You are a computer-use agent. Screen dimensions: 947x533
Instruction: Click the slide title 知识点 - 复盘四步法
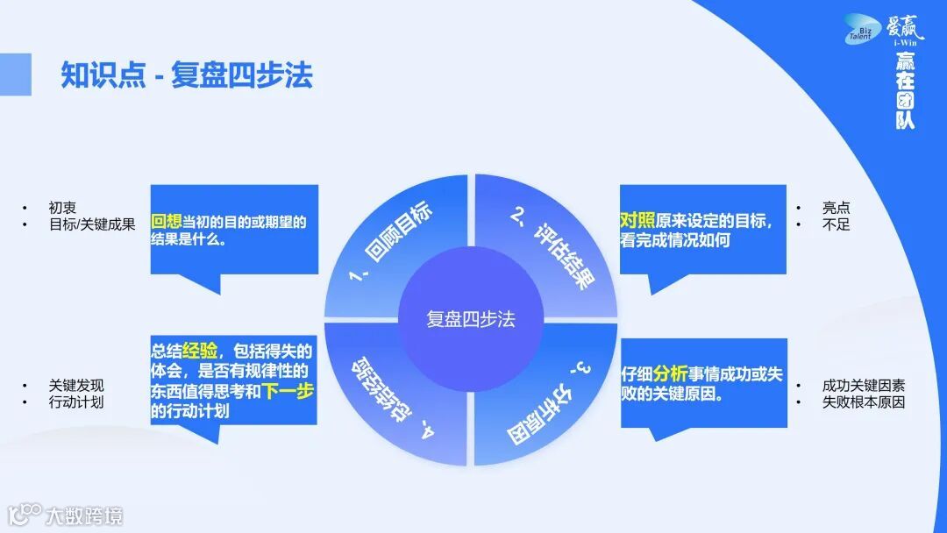187,75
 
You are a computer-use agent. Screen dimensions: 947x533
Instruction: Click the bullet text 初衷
62,208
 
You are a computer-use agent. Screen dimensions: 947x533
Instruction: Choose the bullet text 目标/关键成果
92,224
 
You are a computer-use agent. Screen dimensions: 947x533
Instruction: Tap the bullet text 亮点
836,209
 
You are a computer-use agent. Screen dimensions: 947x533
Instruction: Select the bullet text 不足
836,224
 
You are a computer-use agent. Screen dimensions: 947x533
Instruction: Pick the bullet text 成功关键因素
864,386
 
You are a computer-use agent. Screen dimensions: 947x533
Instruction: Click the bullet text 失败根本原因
864,402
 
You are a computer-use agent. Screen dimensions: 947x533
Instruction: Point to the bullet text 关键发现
76,386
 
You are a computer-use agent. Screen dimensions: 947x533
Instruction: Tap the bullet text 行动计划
76,402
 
